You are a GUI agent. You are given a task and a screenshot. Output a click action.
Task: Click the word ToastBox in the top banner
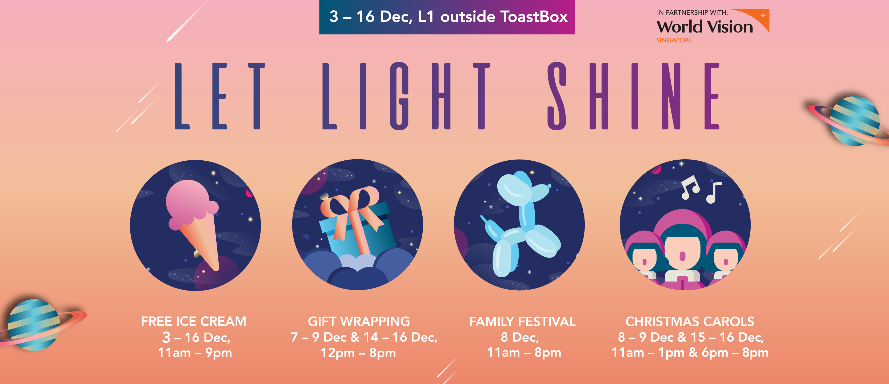(534, 17)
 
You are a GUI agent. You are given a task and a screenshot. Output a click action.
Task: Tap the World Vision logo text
(705, 27)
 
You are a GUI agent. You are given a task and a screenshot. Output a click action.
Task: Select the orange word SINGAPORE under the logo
(674, 40)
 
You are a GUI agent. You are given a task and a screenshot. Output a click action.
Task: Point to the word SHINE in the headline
(633, 96)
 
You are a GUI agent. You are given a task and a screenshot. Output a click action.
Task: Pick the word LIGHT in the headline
(406, 96)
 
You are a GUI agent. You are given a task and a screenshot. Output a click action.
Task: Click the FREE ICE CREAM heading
(194, 322)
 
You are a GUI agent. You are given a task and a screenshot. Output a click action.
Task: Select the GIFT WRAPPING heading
(359, 322)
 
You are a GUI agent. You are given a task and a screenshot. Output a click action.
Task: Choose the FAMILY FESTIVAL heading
(522, 322)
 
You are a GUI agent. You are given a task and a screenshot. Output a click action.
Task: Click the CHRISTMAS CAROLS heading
(690, 322)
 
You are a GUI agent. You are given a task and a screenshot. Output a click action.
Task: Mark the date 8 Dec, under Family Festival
(520, 337)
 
